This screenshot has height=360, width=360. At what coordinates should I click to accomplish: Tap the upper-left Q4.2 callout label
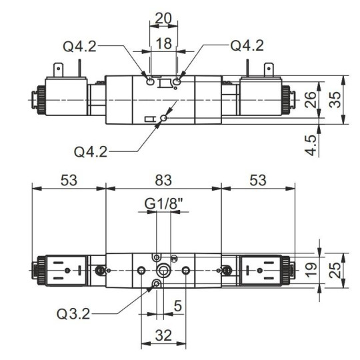81,46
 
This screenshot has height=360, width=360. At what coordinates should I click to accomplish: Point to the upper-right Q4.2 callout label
246,46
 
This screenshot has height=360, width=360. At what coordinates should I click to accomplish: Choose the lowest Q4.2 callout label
91,151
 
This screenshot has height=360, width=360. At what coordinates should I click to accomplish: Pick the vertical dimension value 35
337,99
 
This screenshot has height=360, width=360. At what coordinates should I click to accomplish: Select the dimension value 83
163,179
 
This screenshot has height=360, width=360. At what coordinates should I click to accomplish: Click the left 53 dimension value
69,179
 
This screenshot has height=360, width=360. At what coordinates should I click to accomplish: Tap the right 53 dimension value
257,179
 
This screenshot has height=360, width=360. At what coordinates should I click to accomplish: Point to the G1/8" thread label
163,202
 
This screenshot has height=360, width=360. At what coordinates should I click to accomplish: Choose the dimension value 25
337,270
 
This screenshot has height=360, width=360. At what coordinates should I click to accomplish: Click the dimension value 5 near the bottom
179,307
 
